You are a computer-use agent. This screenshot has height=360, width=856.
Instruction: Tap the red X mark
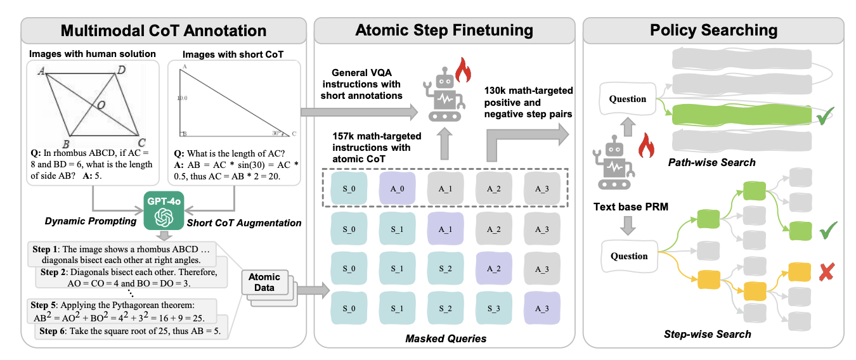pyautogui.click(x=825, y=273)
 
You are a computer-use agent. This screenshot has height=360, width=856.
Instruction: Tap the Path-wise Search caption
pyautogui.click(x=712, y=163)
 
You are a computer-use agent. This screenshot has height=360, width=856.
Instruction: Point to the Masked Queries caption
pyautogui.click(x=446, y=338)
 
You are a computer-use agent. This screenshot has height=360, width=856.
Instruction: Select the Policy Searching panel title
pyautogui.click(x=713, y=30)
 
